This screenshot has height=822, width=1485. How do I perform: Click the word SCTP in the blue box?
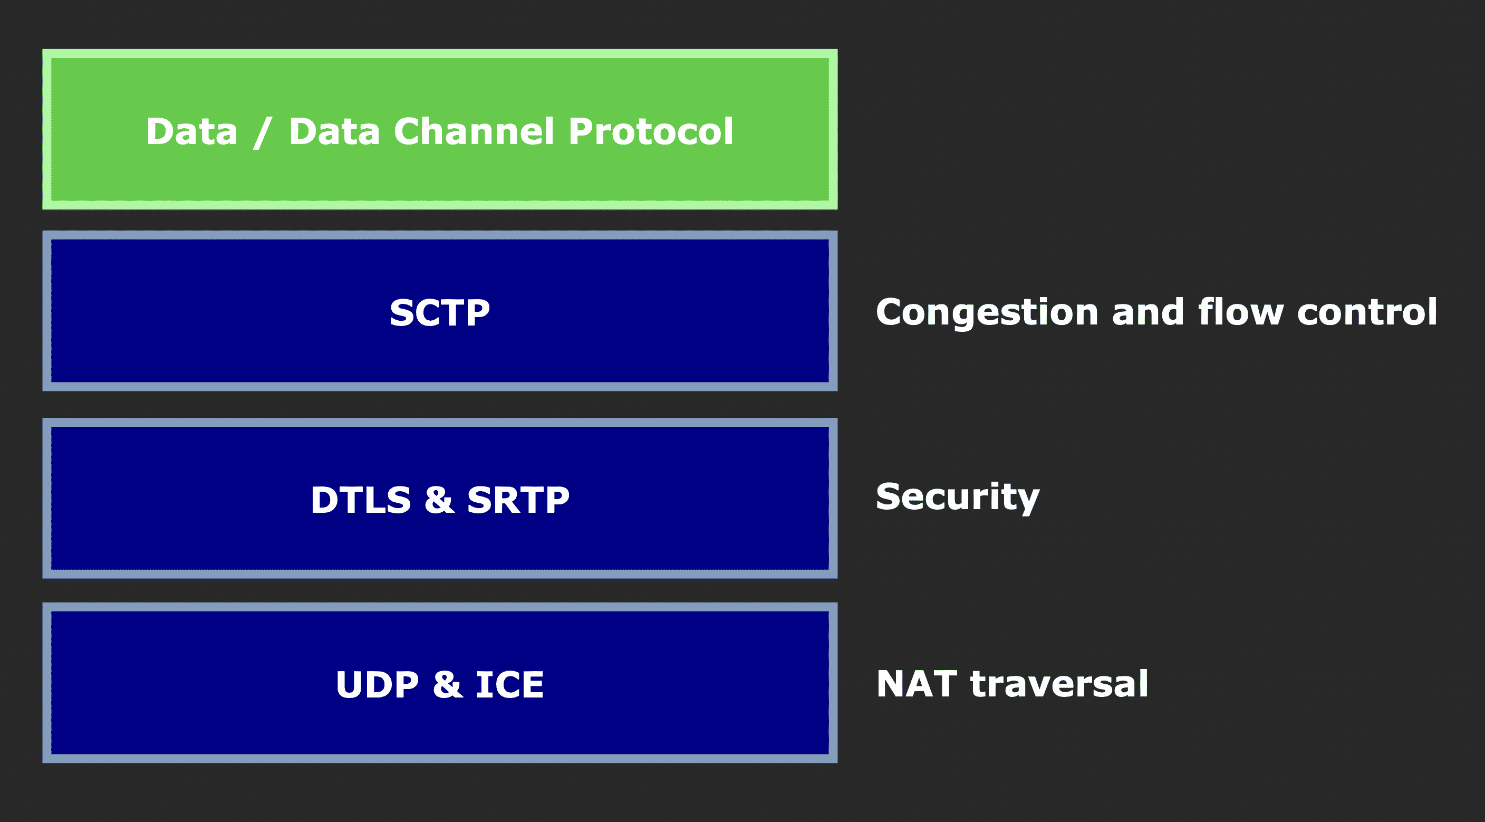coord(439,313)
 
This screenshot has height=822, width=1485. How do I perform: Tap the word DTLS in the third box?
coord(361,500)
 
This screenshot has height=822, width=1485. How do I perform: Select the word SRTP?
coord(518,500)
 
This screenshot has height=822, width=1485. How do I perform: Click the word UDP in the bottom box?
coord(377,685)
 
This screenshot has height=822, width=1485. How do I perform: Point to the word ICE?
coord(509,685)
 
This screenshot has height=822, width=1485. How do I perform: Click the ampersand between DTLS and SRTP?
coord(439,500)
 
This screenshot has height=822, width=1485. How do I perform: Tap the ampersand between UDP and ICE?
coord(447,685)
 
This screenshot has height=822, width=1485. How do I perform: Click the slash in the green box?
coord(262,132)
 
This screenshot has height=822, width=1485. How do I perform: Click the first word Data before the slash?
coord(191,132)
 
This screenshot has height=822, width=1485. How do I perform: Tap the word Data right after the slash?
coord(334,132)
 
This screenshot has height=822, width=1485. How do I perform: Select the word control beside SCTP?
coord(1367,313)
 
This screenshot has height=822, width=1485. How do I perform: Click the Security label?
coord(957,497)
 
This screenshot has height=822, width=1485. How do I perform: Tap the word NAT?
coord(917,685)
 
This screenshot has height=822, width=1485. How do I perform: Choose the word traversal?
coord(1059,685)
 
